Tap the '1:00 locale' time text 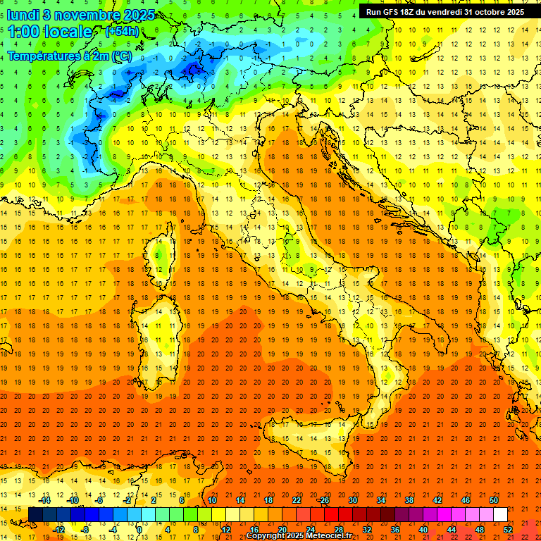point(49,32)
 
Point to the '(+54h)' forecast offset point(122,32)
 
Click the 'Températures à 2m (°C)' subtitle point(69,56)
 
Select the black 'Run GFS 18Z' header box point(444,11)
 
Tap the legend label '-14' point(46,500)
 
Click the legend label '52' point(509,530)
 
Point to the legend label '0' point(139,530)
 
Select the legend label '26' point(324,500)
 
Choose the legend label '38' point(409,500)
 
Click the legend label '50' point(493,500)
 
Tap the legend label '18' point(268,500)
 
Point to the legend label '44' point(451,530)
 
